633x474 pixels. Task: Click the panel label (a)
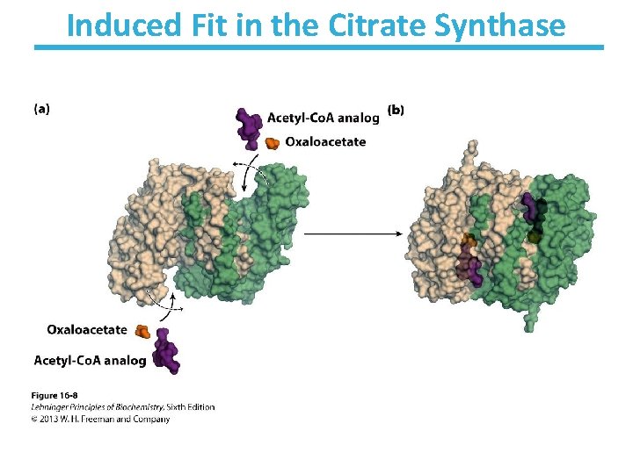point(41,110)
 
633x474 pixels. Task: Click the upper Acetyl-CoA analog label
point(323,117)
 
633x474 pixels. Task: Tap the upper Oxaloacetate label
point(326,142)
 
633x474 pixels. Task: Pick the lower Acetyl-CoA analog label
point(90,360)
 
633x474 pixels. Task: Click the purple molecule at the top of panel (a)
point(251,125)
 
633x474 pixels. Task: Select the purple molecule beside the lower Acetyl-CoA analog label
point(164,355)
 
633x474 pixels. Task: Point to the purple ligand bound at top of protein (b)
point(529,208)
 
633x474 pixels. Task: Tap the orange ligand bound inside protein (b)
point(469,240)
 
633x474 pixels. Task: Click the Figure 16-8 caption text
point(55,396)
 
